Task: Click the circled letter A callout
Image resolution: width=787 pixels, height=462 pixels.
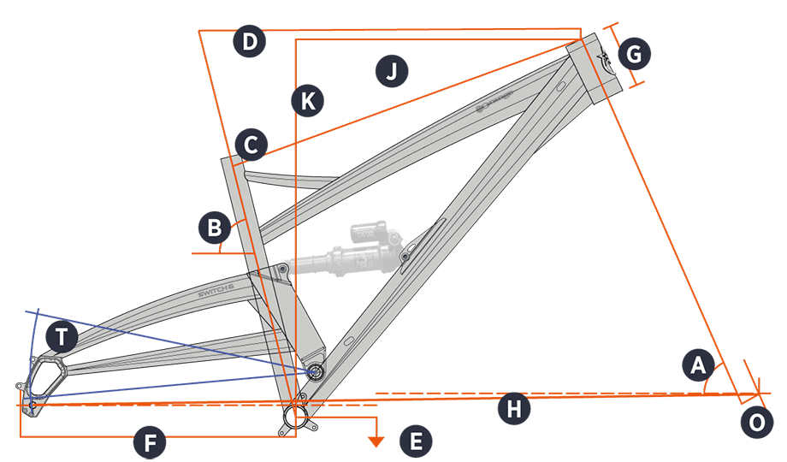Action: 699,365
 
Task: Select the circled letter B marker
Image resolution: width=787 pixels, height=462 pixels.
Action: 214,228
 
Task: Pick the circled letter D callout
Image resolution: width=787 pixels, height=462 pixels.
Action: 249,43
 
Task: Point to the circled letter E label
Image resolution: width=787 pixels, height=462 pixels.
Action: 416,441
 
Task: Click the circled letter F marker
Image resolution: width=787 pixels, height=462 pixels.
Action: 150,443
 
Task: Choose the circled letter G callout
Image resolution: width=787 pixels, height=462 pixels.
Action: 634,55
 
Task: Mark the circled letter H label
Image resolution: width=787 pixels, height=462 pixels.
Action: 513,409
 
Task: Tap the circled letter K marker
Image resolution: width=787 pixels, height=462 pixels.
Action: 306,101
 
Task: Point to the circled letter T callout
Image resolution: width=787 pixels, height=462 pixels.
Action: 61,335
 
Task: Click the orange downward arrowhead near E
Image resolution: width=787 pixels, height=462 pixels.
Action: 375,441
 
